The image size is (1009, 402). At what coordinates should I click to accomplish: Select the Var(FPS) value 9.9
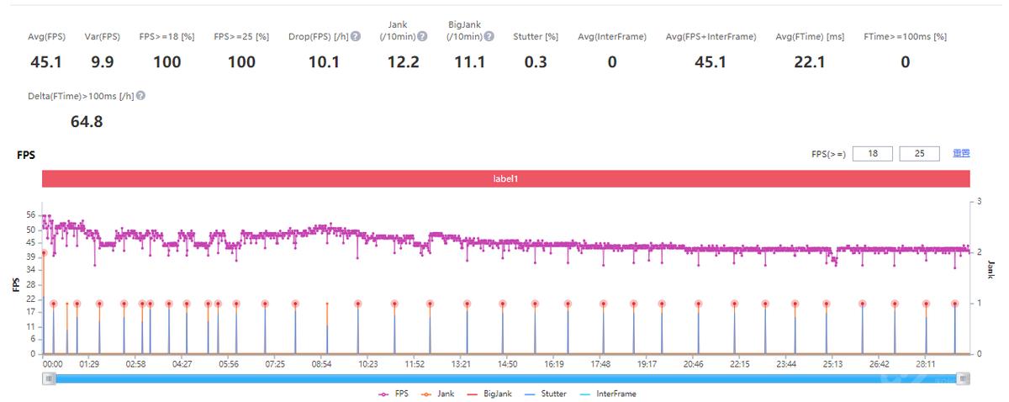[x=103, y=62]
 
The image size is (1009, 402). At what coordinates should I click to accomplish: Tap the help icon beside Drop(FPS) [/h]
[x=356, y=37]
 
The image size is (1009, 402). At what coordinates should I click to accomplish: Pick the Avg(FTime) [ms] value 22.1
[x=809, y=62]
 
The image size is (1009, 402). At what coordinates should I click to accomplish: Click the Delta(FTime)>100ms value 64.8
[x=87, y=122]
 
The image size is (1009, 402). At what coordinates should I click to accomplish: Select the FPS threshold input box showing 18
[x=872, y=154]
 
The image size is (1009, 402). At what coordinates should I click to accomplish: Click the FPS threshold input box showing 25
[x=919, y=154]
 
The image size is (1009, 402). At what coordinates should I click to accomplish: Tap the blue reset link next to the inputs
[x=961, y=154]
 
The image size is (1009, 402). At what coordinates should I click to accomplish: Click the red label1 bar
[x=505, y=178]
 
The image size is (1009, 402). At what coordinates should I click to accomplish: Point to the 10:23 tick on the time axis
[x=367, y=364]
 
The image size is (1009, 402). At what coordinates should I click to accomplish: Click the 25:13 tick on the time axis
[x=832, y=364]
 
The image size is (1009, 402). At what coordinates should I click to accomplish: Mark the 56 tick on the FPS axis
[x=31, y=215]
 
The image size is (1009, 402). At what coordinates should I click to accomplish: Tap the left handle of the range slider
[x=50, y=378]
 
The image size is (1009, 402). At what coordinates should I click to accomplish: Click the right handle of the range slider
[x=964, y=378]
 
